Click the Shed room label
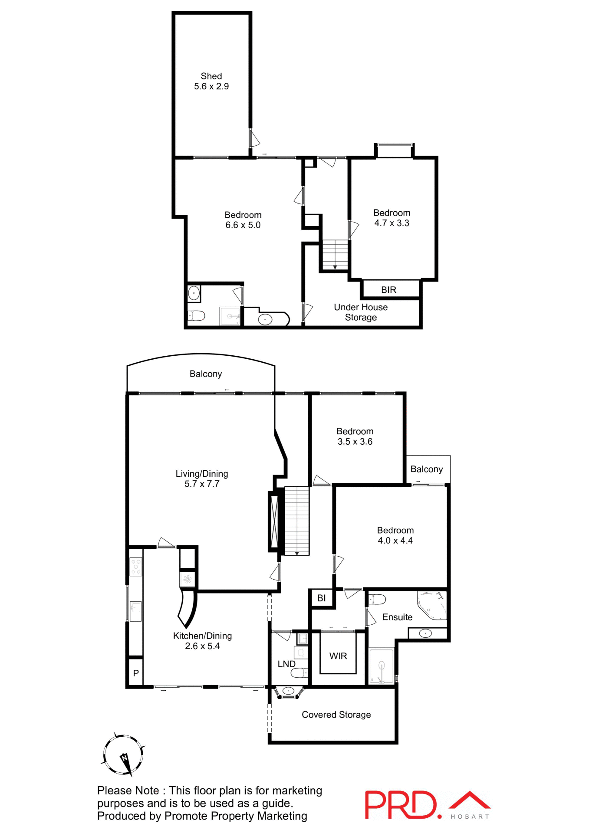211,76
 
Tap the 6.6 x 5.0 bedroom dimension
243,225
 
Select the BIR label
388,290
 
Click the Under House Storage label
361,312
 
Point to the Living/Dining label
202,474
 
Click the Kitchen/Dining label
202,636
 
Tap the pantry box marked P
136,673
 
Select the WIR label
338,656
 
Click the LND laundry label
286,664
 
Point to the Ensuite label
397,617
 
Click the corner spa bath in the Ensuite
431,604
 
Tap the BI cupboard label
321,598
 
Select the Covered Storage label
336,715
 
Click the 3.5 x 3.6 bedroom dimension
355,442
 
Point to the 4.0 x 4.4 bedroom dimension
395,541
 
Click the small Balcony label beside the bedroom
427,469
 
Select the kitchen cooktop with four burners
136,567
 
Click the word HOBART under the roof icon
470,817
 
